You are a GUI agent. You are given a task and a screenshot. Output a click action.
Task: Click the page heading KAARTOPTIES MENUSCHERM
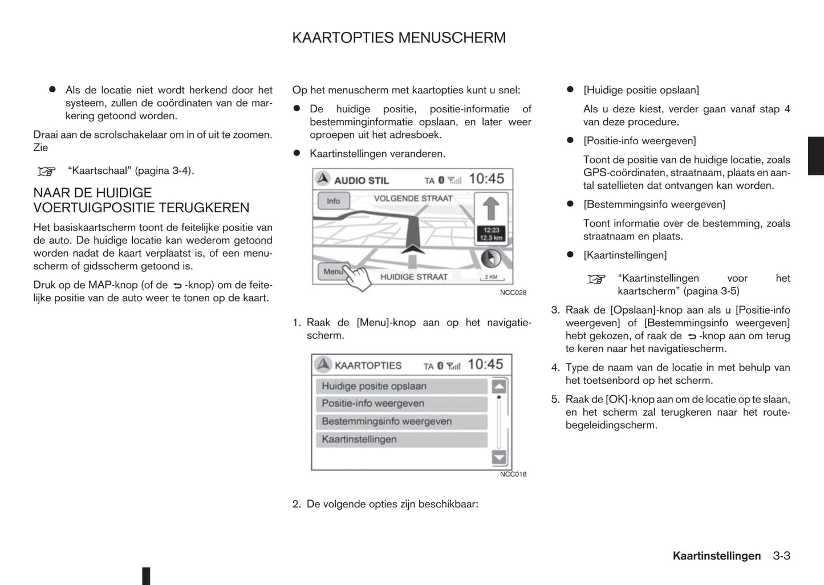[399, 38]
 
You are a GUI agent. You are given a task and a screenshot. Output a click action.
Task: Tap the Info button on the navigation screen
[333, 201]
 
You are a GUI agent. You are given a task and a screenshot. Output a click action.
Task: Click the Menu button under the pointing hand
[332, 271]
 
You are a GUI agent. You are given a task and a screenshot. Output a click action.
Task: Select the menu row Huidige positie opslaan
[401, 386]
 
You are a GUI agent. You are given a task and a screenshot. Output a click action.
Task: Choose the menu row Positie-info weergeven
[401, 404]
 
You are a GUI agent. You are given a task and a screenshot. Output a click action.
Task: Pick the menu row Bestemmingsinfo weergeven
[401, 421]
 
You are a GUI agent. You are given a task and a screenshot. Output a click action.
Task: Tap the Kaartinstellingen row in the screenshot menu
[401, 439]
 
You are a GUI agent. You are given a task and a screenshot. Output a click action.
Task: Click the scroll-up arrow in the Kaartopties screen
[499, 386]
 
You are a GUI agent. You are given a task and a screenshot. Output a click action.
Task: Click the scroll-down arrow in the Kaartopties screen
[499, 457]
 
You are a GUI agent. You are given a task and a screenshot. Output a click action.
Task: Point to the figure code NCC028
[513, 292]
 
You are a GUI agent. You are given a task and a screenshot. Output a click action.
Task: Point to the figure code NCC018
[513, 474]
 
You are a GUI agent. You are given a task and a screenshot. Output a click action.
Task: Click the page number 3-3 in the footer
[782, 556]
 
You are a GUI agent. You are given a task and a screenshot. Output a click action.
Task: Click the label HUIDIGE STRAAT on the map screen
[413, 277]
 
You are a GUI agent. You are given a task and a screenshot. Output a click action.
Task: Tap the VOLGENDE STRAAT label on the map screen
[413, 198]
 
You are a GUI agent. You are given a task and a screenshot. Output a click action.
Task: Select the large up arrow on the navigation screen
[491, 208]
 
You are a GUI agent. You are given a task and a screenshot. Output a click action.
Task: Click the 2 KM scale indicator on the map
[490, 277]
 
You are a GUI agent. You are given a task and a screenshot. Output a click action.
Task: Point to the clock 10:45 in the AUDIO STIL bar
[486, 179]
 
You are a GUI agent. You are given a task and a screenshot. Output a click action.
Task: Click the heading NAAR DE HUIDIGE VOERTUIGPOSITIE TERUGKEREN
[141, 200]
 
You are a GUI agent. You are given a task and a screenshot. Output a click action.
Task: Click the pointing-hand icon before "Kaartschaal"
[47, 171]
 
